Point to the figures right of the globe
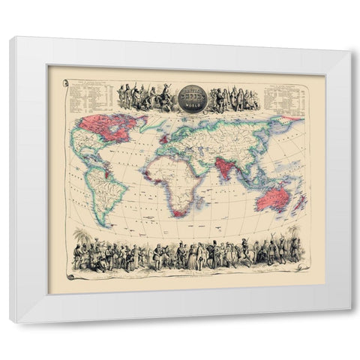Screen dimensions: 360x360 point(233,98)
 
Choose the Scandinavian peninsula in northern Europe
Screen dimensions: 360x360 point(178,127)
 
